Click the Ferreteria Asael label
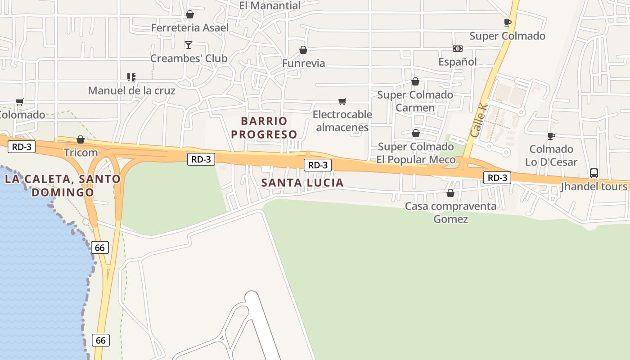pos(189,28)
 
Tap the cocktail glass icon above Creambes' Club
pos(189,45)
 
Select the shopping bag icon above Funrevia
pos(303,50)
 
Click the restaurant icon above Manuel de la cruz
pos(131,77)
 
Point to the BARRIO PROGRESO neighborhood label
pos(264,128)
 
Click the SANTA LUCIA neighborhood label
pos(302,183)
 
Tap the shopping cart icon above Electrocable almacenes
pos(342,101)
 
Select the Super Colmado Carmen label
pos(415,101)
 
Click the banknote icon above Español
pos(457,49)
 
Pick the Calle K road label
pos(479,120)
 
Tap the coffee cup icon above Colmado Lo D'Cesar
pos(551,136)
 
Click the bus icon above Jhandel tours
pos(594,173)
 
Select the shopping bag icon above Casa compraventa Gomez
pos(450,193)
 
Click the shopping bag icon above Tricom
pos(81,139)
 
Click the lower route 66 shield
pos(101,340)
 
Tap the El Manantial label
pos(270,6)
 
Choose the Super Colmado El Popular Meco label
pos(416,153)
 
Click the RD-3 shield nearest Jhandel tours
pos(497,178)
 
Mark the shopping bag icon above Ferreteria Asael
pos(190,14)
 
